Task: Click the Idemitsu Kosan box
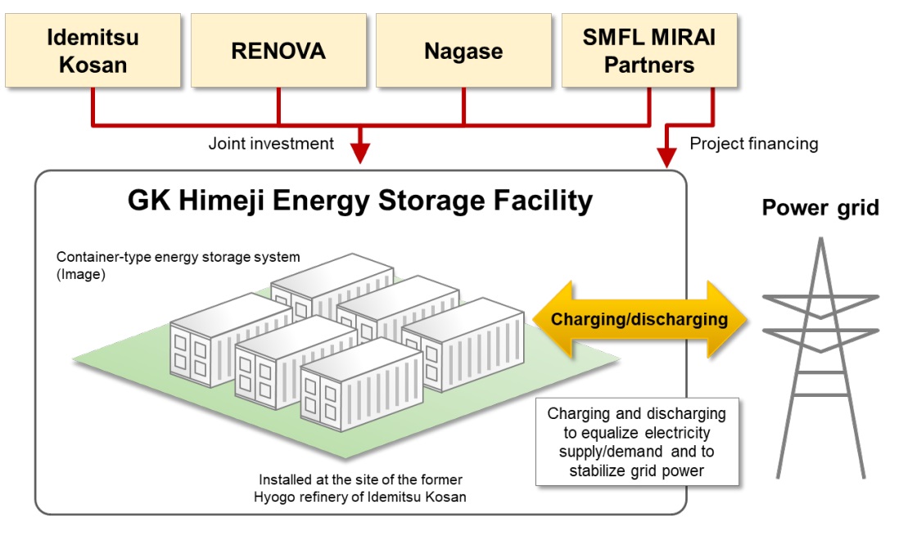[93, 50]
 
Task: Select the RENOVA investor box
[278, 51]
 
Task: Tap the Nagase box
[463, 51]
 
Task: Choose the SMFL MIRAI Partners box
[649, 50]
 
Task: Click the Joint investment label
[271, 144]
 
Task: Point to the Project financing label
[753, 144]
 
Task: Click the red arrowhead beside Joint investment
[359, 153]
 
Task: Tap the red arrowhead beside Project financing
[668, 154]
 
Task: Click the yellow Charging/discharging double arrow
[639, 319]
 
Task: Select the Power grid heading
[820, 207]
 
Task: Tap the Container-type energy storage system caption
[178, 257]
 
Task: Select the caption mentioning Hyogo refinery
[362, 489]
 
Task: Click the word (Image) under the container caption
[80, 276]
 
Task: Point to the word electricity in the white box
[674, 432]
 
